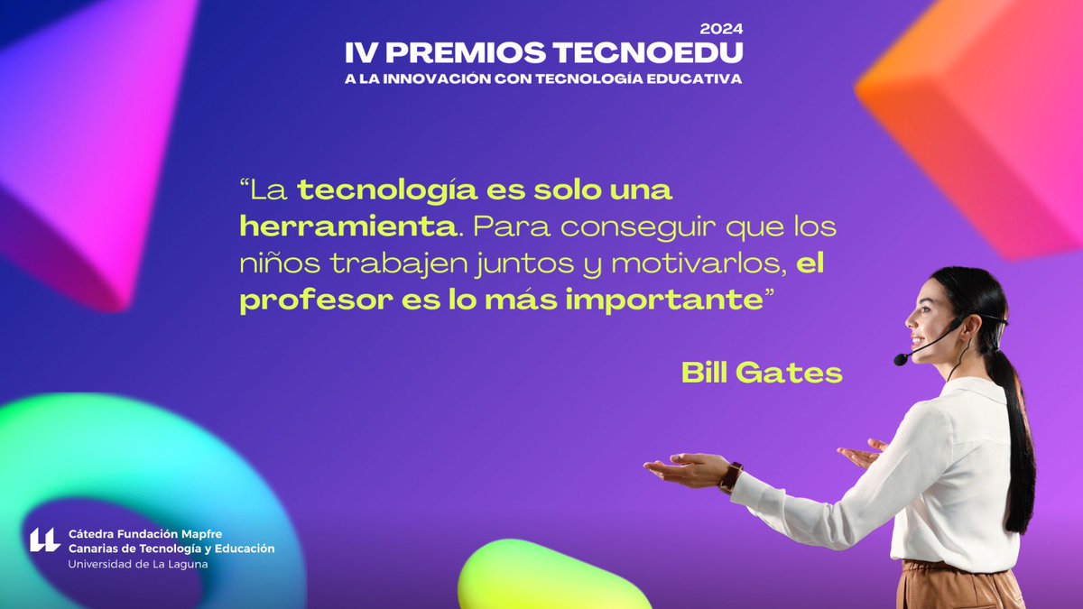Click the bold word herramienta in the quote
[347, 226]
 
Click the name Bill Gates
[762, 373]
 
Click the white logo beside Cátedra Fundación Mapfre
[44, 540]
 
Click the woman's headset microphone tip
[901, 359]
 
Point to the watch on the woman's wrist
[730, 476]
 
